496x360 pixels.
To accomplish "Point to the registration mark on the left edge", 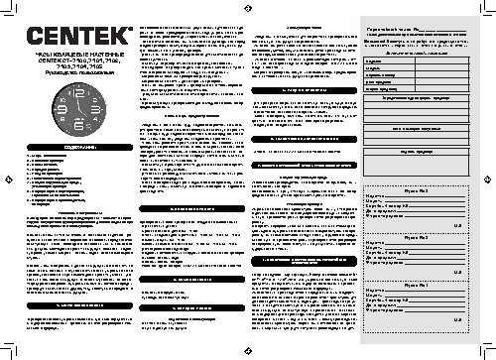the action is (x=7, y=180).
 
